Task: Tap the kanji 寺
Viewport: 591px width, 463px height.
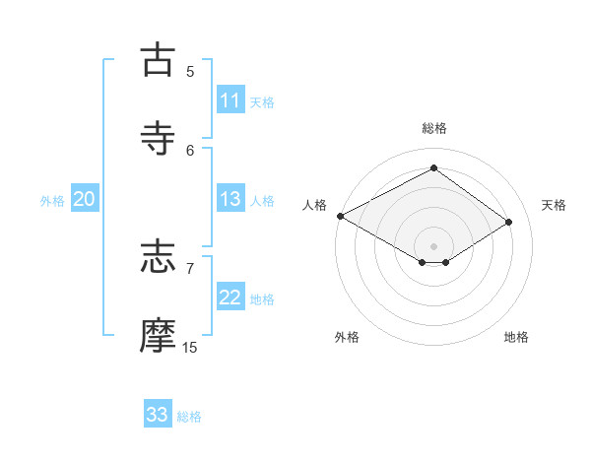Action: coord(159,138)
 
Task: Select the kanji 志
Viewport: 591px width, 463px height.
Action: coord(159,257)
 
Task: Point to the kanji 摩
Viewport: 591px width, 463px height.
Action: coord(159,336)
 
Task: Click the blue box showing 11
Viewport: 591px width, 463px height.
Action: coord(230,100)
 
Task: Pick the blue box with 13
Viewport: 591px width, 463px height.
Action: coord(230,199)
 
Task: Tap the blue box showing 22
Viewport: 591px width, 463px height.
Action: coord(230,298)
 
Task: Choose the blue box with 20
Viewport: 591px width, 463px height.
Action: coord(85,199)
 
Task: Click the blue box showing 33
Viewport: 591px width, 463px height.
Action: coord(158,415)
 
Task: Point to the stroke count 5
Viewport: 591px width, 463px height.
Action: coord(190,71)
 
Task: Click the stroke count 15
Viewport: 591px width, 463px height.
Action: coord(190,347)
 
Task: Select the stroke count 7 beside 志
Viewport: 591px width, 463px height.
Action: coord(190,268)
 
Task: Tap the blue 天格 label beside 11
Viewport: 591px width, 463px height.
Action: coord(262,101)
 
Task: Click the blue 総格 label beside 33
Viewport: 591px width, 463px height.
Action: coord(189,416)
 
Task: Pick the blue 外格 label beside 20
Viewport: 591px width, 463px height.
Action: coord(52,200)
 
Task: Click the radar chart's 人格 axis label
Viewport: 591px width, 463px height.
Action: coord(314,205)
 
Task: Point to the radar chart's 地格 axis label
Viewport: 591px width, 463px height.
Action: coord(516,337)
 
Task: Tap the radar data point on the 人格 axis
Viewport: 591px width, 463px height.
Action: coord(340,216)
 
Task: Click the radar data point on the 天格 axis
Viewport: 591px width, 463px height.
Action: coord(509,223)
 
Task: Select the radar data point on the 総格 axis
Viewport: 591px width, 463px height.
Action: coord(433,168)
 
